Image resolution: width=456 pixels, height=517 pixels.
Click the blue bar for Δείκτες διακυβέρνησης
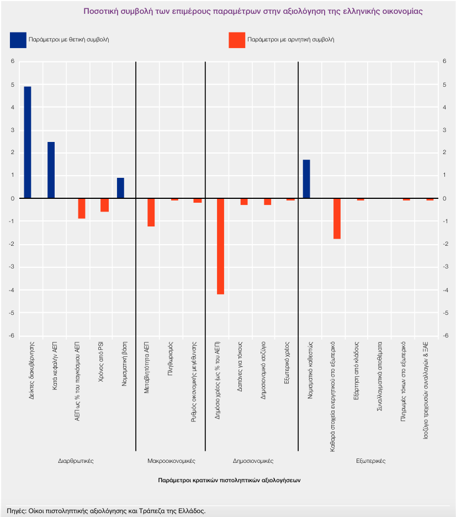(28, 143)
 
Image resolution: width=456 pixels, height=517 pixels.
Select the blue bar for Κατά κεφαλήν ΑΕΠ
(51, 170)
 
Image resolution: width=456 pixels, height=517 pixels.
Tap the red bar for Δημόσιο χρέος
(220, 246)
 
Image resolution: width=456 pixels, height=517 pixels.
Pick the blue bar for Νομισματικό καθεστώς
(306, 179)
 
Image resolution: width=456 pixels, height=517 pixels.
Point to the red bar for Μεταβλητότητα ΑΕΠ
(151, 213)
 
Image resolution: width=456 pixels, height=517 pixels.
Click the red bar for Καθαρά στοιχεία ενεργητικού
(337, 219)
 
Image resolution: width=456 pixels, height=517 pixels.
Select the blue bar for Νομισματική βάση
(120, 188)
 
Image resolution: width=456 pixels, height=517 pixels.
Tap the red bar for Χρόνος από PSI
(104, 205)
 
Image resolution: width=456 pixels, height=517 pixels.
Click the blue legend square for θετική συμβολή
(18, 40)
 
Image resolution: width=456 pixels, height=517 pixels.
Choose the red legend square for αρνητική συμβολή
(237, 40)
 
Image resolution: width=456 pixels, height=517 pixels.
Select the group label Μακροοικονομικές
(171, 460)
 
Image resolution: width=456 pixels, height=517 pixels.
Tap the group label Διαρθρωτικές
(76, 460)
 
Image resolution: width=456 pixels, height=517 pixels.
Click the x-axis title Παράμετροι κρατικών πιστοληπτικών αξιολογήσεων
(229, 480)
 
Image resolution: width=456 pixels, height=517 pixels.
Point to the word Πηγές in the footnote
(15, 510)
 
